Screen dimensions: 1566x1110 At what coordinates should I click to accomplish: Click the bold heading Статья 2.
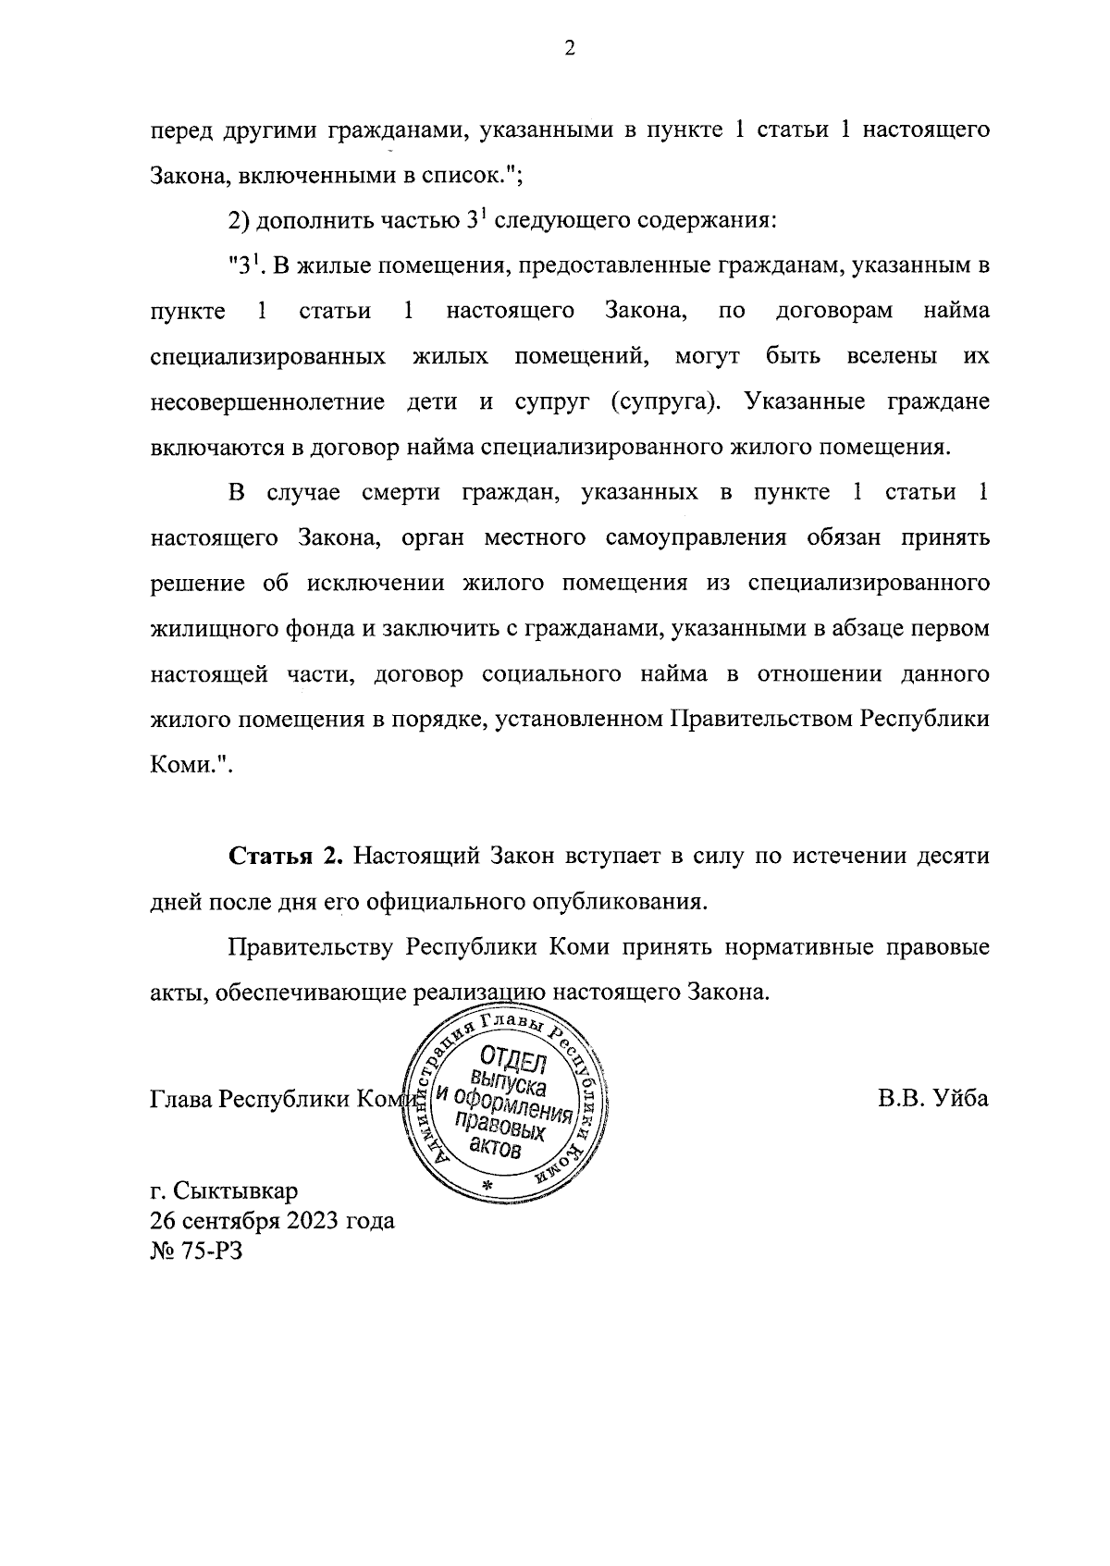[x=287, y=857]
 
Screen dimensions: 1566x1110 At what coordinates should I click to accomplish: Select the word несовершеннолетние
[x=267, y=403]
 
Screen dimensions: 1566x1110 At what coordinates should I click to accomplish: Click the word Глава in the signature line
[x=180, y=1099]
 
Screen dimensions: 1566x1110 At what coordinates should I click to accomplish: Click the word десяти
[x=952, y=857]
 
